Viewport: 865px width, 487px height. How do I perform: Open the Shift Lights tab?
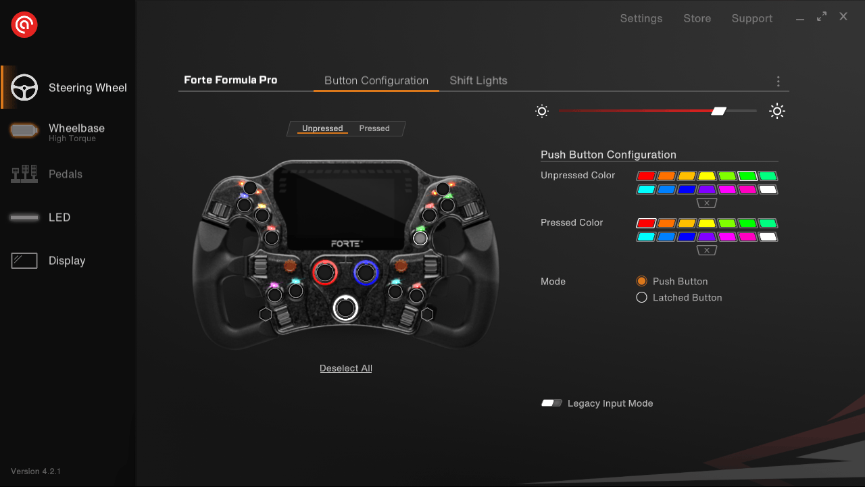478,80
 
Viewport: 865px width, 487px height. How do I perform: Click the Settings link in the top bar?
641,18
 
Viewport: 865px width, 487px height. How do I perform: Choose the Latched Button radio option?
642,297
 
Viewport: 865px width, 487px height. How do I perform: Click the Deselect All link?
345,368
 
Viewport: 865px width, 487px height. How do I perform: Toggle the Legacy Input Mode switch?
551,403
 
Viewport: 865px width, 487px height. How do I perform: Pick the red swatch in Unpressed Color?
646,176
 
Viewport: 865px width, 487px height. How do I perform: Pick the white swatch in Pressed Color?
768,237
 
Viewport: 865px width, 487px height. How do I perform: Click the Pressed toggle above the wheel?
374,128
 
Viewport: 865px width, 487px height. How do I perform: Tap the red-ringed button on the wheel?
325,273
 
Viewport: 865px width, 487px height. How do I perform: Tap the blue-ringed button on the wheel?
366,273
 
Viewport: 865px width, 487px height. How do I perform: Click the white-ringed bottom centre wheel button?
345,308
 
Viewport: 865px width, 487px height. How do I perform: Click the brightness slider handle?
718,111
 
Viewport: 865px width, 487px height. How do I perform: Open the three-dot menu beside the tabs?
778,81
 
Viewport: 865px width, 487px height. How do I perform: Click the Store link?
697,18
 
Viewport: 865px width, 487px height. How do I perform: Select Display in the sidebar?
66,261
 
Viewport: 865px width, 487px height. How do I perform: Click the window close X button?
843,17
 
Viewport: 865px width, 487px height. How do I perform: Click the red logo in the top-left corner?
24,25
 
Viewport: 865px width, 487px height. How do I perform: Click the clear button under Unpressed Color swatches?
706,203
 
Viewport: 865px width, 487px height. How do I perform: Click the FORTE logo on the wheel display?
347,242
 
